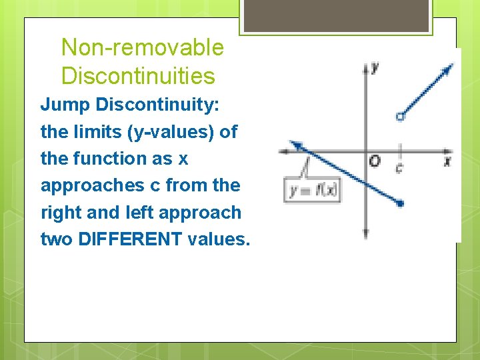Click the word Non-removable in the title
(x=142, y=47)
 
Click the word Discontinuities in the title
(x=138, y=76)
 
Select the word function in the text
(x=116, y=159)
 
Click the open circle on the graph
(x=399, y=117)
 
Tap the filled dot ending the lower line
(x=400, y=203)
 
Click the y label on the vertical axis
(x=375, y=67)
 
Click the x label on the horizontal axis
(x=447, y=161)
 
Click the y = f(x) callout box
(x=312, y=191)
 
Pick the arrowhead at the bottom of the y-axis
(x=365, y=234)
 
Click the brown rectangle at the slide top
(x=336, y=15)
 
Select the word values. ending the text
(x=219, y=239)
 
